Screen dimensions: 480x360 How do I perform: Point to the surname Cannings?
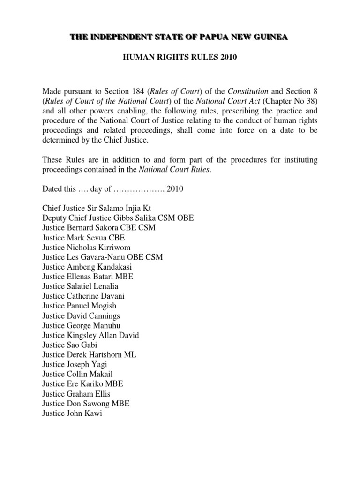(x=102, y=316)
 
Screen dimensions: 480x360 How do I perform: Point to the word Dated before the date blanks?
(x=53, y=190)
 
